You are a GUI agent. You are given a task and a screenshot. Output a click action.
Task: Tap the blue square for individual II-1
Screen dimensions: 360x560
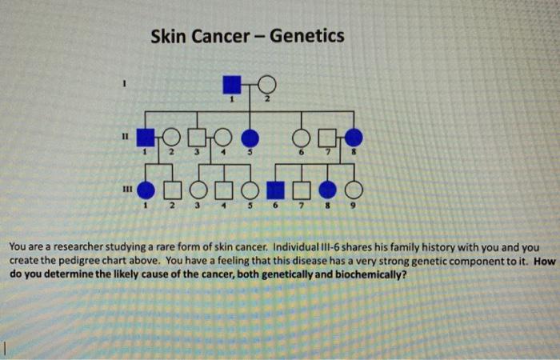145,138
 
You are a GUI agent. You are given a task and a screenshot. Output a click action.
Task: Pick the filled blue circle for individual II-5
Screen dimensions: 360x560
250,138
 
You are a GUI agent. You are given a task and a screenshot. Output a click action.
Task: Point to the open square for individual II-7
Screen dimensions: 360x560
326,138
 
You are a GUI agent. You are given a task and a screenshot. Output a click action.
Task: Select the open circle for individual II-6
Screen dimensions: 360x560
302,138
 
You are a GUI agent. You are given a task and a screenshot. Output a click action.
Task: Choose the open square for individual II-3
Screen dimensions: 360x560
198,138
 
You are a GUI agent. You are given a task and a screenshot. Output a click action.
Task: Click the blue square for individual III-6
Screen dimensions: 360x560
274,190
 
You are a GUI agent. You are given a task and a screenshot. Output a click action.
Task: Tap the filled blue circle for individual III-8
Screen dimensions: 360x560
327,190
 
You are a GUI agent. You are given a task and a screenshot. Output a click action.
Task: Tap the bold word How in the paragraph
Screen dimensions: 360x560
544,261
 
